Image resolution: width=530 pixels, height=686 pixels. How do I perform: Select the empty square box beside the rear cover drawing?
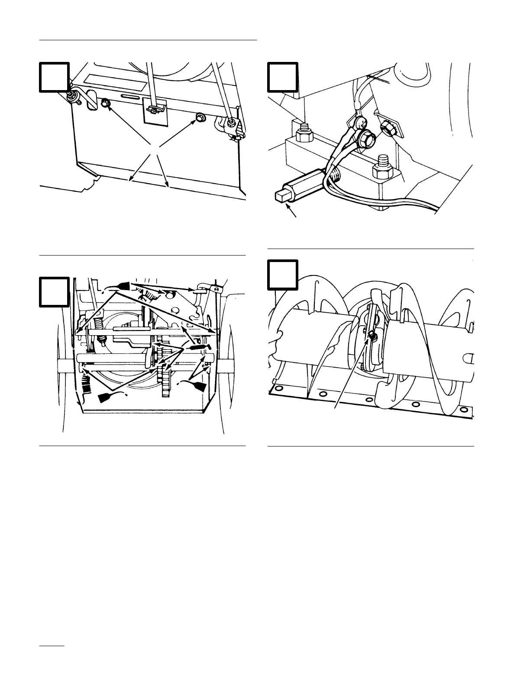(55, 77)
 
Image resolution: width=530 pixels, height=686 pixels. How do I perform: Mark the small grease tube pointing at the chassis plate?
(199, 347)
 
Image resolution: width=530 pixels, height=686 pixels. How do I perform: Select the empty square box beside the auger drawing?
(282, 274)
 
